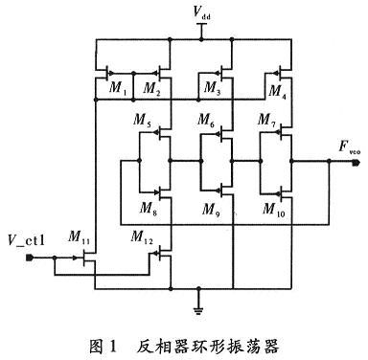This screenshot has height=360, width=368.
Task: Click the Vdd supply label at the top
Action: tap(200, 13)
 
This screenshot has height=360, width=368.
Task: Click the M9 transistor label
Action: tap(210, 209)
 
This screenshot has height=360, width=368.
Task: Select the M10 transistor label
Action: tap(271, 209)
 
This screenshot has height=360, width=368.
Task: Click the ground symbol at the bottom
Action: tap(198, 305)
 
